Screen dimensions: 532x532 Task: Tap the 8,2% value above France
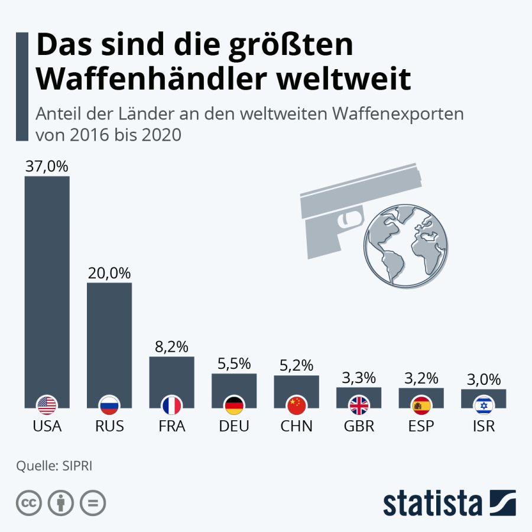point(171,347)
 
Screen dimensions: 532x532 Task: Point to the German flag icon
point(234,406)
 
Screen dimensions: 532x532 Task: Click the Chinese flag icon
point(296,406)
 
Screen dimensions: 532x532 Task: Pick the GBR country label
point(359,426)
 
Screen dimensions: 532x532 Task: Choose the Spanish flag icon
point(421,406)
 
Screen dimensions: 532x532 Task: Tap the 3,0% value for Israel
point(484,379)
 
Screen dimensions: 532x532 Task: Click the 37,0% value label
point(47,167)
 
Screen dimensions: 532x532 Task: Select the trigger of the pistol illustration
point(349,219)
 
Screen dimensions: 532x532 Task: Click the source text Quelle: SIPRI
point(54,465)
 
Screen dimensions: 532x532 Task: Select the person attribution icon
point(60,503)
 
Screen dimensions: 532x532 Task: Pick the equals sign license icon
point(92,503)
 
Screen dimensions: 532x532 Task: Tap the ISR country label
point(484,426)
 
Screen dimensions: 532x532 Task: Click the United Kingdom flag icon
point(359,406)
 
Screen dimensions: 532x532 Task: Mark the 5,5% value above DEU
point(234,364)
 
